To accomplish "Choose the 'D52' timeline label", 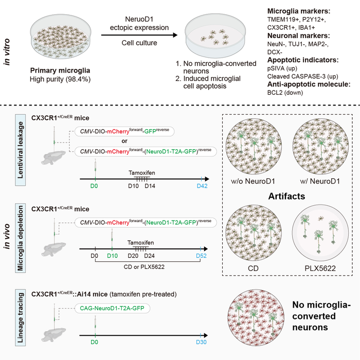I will (202, 255).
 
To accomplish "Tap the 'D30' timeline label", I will (202, 341).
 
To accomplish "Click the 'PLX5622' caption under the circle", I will (317, 268).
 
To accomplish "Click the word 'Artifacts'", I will (287, 196).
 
